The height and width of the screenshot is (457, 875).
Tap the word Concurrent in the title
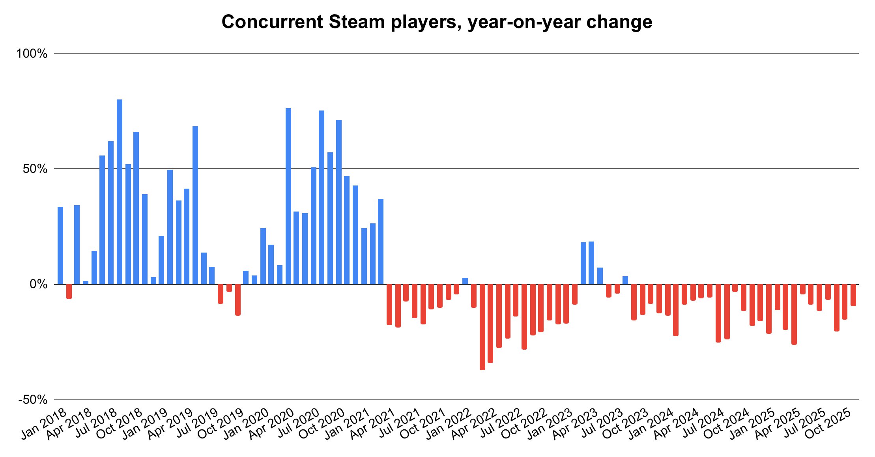pyautogui.click(x=272, y=22)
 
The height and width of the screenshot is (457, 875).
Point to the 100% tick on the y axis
pyautogui.click(x=32, y=54)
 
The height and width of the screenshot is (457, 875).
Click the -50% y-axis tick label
pyautogui.click(x=33, y=400)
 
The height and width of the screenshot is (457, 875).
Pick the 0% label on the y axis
pyautogui.click(x=38, y=284)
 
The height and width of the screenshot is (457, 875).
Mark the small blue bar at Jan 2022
pyautogui.click(x=465, y=281)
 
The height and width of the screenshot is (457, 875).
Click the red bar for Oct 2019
pyautogui.click(x=238, y=300)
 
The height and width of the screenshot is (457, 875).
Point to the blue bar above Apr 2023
pyautogui.click(x=591, y=263)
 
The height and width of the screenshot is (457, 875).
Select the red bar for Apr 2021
pyautogui.click(x=389, y=304)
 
